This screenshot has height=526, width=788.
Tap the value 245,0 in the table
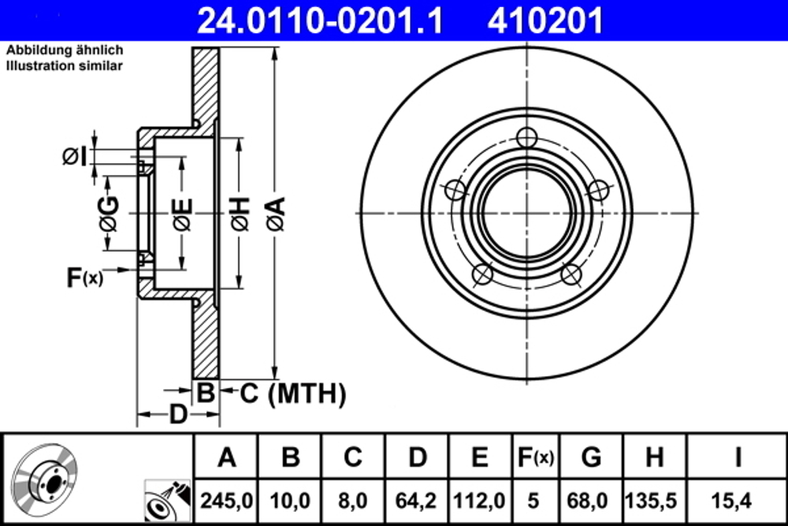[227, 500]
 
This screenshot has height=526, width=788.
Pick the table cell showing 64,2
[418, 500]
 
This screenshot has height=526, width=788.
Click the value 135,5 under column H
[653, 500]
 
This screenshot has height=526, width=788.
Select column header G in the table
[591, 457]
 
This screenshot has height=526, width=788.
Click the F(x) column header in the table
[534, 457]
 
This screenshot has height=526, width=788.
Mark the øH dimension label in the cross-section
[239, 214]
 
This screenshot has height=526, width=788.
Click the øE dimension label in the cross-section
[181, 214]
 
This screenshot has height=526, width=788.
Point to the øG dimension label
[109, 214]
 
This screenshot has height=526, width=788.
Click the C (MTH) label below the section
[293, 392]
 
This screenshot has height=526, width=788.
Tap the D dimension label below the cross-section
[179, 412]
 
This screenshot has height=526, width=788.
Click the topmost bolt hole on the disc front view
[527, 137]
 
